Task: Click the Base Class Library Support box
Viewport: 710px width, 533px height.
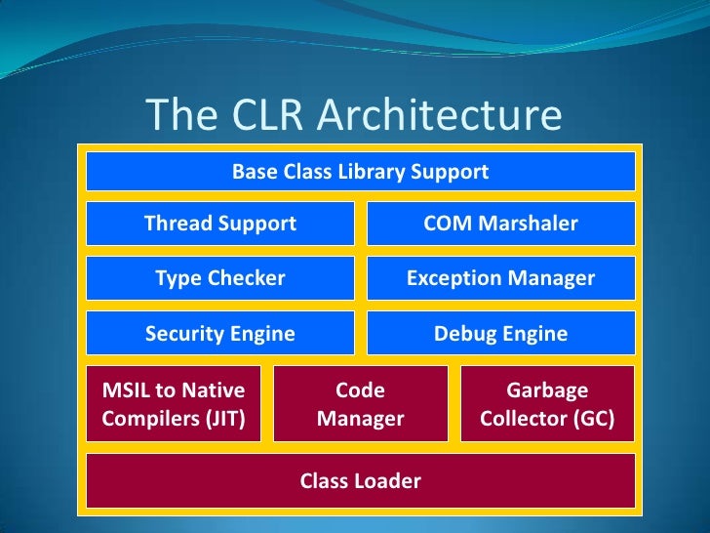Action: click(x=360, y=172)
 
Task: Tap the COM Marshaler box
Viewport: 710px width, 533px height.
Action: click(x=500, y=224)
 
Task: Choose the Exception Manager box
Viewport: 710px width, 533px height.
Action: click(x=500, y=278)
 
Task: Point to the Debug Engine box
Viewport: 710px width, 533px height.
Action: click(x=500, y=334)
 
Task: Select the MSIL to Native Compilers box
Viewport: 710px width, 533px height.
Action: click(x=174, y=405)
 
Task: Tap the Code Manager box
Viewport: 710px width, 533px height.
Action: click(x=360, y=405)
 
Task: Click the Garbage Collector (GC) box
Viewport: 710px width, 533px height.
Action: click(x=546, y=405)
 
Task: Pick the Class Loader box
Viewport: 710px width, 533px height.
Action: click(x=360, y=480)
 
